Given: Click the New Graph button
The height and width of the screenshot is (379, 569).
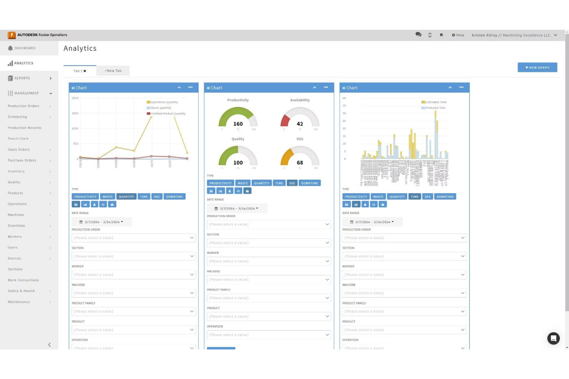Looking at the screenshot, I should tap(537, 68).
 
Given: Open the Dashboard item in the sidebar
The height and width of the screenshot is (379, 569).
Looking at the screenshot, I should tap(25, 48).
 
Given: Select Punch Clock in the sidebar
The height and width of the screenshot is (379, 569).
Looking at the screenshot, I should tap(18, 139).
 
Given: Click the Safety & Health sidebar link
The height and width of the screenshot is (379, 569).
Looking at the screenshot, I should tap(21, 291).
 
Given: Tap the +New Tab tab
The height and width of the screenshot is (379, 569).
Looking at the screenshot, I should tap(113, 71).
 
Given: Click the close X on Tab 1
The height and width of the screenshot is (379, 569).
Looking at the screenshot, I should tap(85, 71).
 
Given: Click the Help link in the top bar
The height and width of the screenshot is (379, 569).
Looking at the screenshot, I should tap(458, 35).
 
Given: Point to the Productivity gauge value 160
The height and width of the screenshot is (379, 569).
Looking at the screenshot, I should tap(238, 124).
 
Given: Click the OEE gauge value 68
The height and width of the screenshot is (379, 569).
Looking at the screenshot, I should tap(300, 163).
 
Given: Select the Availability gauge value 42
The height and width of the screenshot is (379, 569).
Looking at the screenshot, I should tap(300, 124).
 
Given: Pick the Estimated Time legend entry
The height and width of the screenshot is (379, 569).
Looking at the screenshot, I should tap(436, 102).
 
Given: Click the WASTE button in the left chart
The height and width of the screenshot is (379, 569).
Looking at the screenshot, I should tap(108, 197).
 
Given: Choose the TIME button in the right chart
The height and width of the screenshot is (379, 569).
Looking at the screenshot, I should tap(414, 197).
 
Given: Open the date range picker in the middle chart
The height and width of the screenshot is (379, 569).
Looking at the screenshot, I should tap(237, 209).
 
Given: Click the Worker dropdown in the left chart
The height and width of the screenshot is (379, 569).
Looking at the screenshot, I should tap(134, 275).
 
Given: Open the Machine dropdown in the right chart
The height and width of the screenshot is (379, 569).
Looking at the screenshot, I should tap(404, 293).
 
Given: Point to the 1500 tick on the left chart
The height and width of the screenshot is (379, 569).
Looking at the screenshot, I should tap(75, 113).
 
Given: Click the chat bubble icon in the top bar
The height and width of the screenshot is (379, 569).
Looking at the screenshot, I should tap(418, 35).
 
